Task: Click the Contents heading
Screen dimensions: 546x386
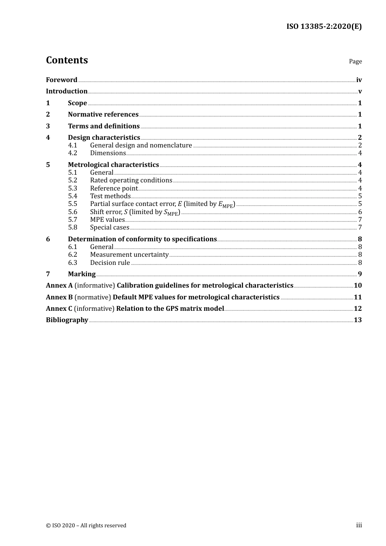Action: pos(67,60)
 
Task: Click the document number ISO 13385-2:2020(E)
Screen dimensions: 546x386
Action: pos(324,26)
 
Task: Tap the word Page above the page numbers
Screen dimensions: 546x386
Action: pos(355,61)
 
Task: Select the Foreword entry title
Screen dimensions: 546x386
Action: pos(61,80)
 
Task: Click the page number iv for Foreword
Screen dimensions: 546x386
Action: pos(359,80)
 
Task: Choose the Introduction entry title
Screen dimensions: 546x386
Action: pos(67,91)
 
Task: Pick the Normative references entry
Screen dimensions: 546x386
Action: pos(103,115)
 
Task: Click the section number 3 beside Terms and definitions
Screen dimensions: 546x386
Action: pos(48,126)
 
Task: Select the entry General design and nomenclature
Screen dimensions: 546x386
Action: pos(141,145)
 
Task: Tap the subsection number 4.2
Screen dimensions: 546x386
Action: pos(72,153)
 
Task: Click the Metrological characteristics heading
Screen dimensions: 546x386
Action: pos(113,165)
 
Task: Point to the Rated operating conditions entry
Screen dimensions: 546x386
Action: pos(131,180)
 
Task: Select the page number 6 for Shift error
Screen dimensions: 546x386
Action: pos(360,212)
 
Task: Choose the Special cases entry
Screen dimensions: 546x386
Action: pos(110,227)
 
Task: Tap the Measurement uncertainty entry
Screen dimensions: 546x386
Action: pos(129,255)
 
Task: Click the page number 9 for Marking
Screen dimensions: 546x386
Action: pos(360,274)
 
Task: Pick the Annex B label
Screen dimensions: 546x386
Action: pos(59,297)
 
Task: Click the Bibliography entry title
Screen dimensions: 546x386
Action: pos(67,320)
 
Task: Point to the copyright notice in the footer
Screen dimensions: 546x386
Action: pos(86,526)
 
